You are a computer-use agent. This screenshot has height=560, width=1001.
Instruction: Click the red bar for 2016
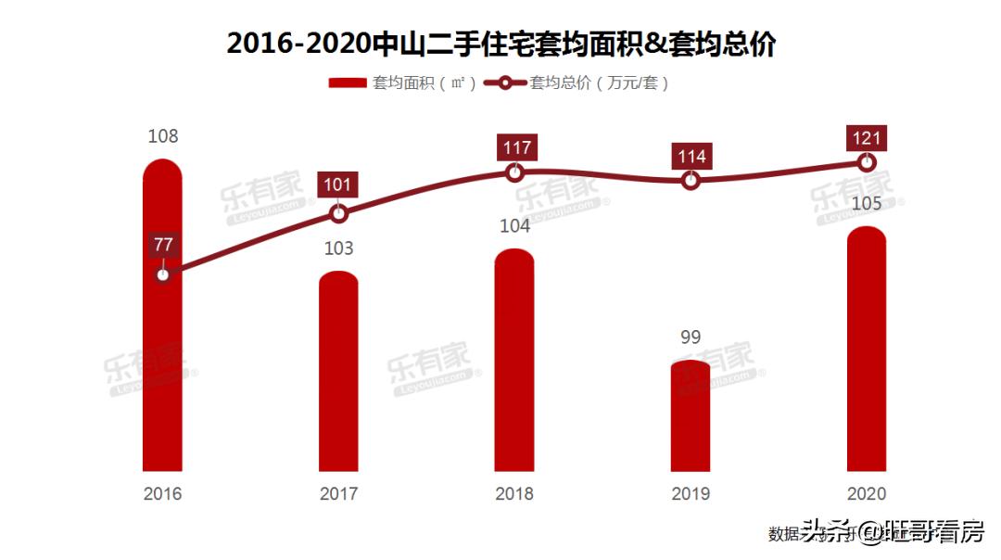coord(162,371)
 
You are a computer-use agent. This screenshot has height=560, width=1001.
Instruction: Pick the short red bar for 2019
coord(691,417)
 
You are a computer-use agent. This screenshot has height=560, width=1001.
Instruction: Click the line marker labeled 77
coord(163,274)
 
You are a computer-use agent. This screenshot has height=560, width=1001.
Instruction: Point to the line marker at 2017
coord(338,214)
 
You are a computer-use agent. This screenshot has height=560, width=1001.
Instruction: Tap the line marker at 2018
coord(514,172)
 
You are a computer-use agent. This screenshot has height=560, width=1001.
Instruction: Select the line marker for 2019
coord(691,181)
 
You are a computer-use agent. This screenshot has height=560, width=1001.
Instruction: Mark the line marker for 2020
coord(867,162)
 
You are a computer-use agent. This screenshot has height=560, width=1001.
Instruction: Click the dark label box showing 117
coord(514,147)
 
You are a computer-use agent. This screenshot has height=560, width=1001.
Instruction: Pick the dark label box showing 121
coord(867,137)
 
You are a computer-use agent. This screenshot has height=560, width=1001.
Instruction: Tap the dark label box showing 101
coord(338,185)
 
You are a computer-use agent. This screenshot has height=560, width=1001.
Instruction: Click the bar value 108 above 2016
coord(163,136)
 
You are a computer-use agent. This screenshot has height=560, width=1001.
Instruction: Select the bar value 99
coord(691,337)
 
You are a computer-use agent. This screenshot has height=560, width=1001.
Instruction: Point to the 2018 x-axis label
coord(514,494)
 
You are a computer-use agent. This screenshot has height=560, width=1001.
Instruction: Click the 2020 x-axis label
coord(867,494)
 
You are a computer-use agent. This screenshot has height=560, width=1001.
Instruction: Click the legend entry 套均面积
coord(403,83)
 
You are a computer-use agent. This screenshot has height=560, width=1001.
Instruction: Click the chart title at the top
coord(500,44)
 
